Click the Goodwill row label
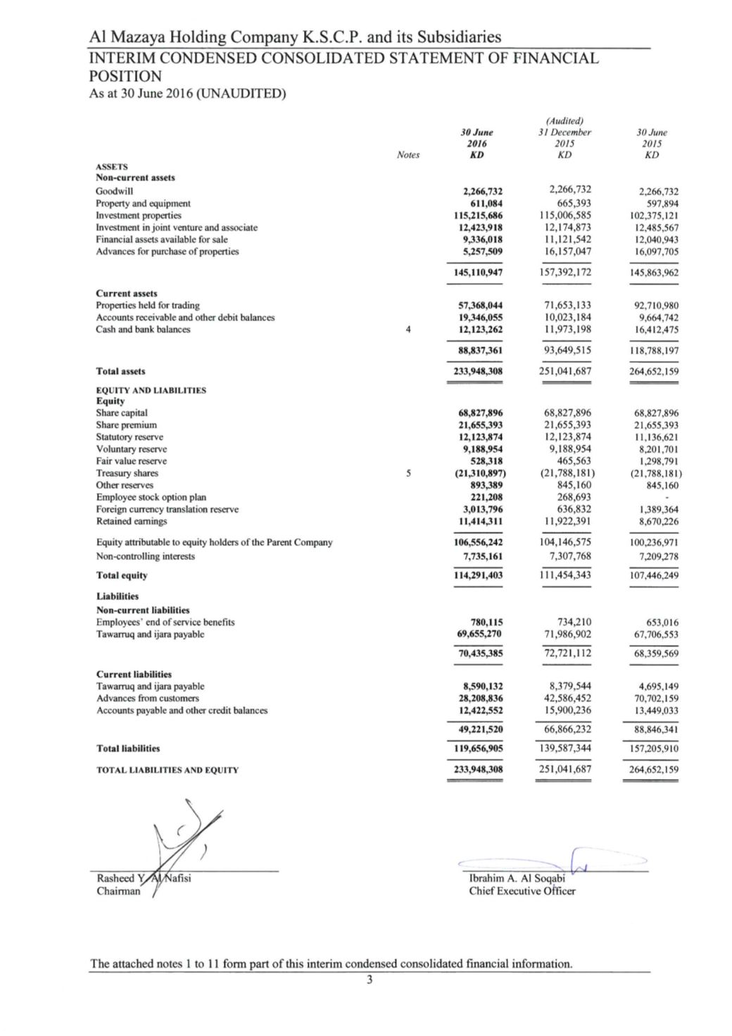[x=114, y=191]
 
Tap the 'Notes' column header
[x=408, y=155]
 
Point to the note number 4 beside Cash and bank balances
[x=408, y=330]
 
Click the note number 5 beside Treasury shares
[x=408, y=473]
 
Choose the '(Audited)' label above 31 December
[x=564, y=121]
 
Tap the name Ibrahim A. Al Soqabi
[x=517, y=878]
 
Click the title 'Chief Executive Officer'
[x=522, y=891]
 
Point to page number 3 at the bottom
[x=369, y=980]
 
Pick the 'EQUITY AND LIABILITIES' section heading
[x=151, y=390]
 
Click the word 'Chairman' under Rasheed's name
[x=118, y=891]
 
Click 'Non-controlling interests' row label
[x=145, y=556]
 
